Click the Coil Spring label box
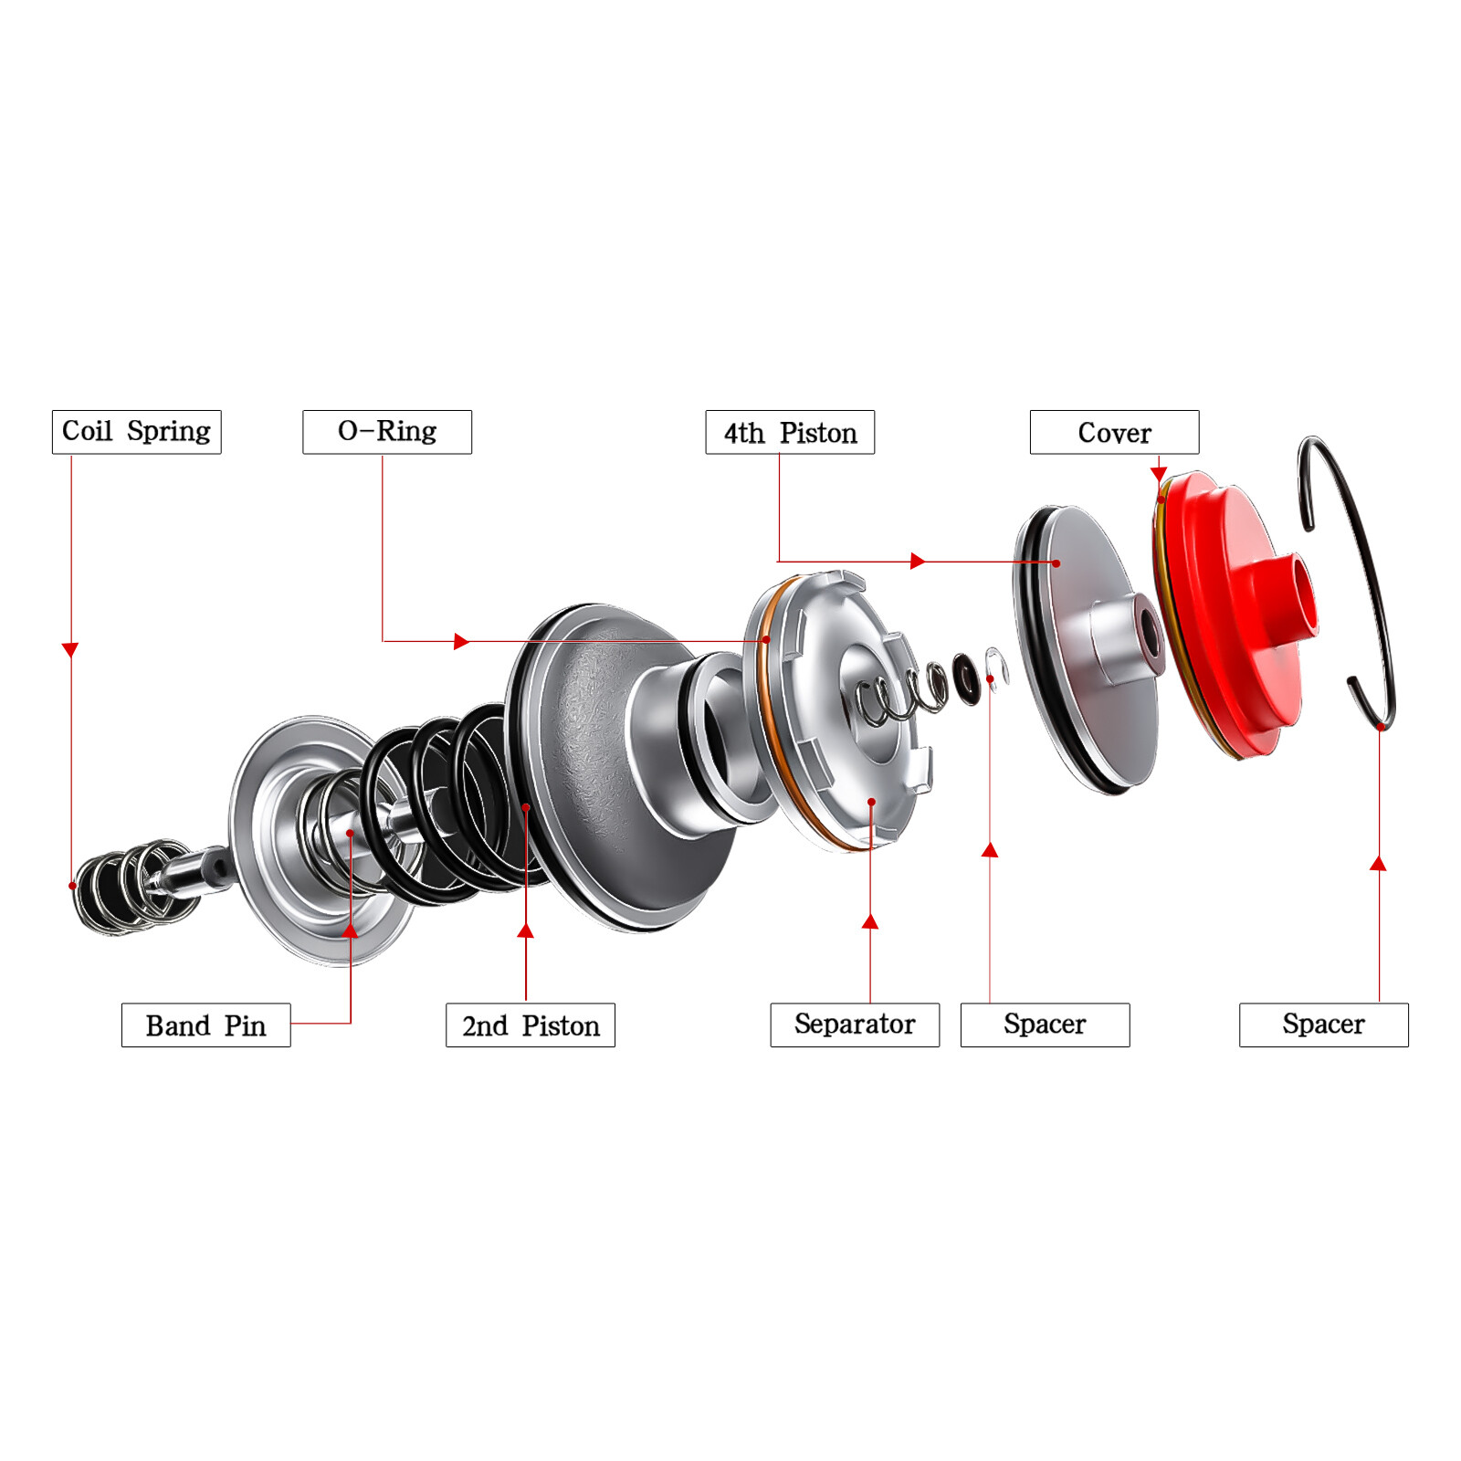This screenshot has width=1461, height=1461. click(x=136, y=432)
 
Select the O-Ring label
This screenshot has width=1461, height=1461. click(x=387, y=432)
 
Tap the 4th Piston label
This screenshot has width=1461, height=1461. click(x=790, y=432)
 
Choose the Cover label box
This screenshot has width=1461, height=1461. click(x=1114, y=432)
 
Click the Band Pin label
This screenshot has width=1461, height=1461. click(x=205, y=1025)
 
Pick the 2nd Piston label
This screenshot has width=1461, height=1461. click(x=530, y=1025)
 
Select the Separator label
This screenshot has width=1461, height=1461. click(x=855, y=1025)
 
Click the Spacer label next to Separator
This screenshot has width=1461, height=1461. click(x=1045, y=1025)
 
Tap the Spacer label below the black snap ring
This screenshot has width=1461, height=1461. click(x=1323, y=1025)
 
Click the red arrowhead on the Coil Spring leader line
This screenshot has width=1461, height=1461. click(x=70, y=649)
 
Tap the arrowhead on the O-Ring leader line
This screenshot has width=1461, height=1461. click(x=461, y=641)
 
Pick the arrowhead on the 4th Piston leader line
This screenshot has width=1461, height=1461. click(x=918, y=561)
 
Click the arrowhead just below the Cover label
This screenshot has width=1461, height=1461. click(x=1158, y=473)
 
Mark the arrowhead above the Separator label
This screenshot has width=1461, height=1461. click(x=870, y=922)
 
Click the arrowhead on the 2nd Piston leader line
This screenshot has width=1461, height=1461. click(x=525, y=931)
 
